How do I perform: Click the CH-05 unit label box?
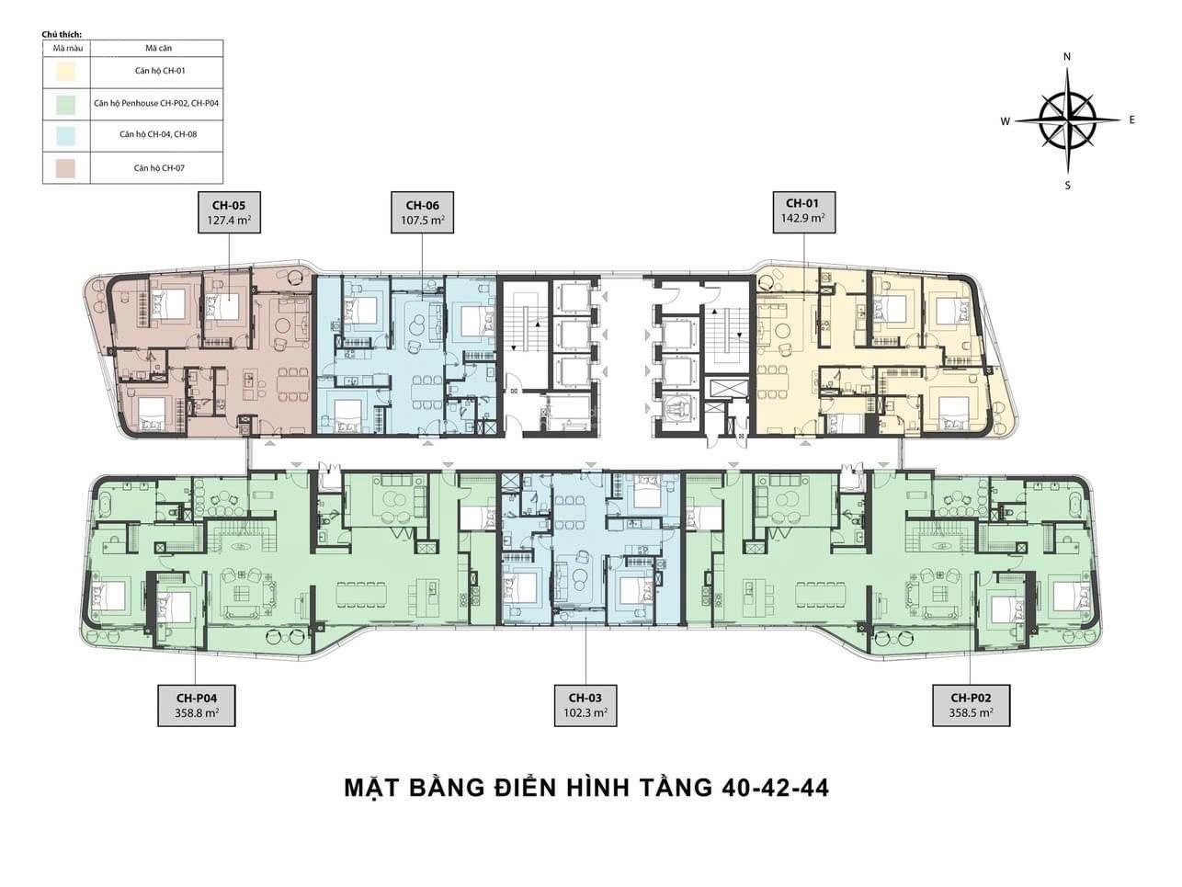[230, 212]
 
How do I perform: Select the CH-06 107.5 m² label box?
[422, 212]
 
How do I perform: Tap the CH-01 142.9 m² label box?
[804, 212]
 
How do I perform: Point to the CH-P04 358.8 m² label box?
[196, 706]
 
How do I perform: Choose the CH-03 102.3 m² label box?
[585, 706]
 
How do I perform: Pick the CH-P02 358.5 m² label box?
[971, 706]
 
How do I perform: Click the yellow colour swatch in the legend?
[65, 72]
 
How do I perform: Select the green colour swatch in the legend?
[65, 104]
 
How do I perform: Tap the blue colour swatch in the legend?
[65, 136]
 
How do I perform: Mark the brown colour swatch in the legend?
[65, 168]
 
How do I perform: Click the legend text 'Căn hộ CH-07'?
[159, 168]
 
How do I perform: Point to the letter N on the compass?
[1067, 57]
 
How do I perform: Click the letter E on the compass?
[1131, 120]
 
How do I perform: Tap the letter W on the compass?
[1005, 121]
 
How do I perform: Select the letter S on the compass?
[1067, 186]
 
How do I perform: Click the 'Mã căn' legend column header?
[158, 48]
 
